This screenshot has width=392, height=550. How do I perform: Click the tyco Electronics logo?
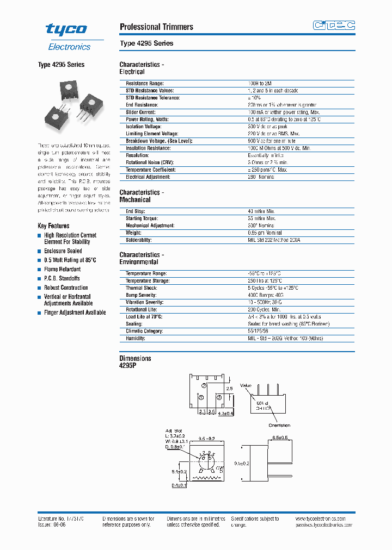(x=68, y=36)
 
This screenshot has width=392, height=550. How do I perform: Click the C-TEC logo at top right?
(x=334, y=25)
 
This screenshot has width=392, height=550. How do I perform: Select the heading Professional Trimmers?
(x=156, y=27)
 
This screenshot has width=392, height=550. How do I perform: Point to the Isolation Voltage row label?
(x=143, y=126)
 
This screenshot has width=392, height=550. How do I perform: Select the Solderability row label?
(x=138, y=240)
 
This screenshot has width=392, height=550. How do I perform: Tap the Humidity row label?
(x=136, y=338)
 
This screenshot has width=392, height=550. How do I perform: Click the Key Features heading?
(x=53, y=226)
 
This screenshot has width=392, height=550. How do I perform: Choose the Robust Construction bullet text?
(x=66, y=287)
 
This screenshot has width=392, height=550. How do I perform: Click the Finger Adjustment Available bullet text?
(x=75, y=312)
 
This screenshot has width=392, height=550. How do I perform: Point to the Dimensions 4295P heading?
(x=135, y=362)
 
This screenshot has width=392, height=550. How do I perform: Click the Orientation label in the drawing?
(x=279, y=425)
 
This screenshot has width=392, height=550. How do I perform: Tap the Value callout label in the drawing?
(x=246, y=385)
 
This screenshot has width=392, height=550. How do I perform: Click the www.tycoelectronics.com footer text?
(x=325, y=519)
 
